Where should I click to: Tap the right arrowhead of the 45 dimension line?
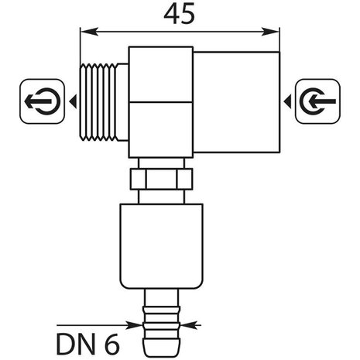point(274,32)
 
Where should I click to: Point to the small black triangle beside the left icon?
point(70,101)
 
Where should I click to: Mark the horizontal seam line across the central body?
point(159,104)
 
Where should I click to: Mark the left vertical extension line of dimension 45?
point(81,46)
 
